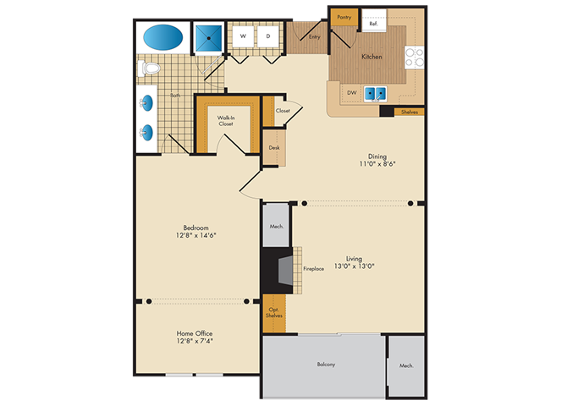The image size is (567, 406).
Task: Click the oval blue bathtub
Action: [162, 37]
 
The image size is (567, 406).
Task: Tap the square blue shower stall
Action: [208, 38]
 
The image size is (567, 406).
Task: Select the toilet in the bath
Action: [149, 68]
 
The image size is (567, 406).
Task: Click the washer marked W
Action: [243, 36]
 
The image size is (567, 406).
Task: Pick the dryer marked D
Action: [268, 36]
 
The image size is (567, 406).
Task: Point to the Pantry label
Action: [344, 17]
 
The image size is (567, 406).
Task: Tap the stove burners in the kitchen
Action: [415, 58]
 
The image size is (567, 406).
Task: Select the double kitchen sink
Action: [375, 94]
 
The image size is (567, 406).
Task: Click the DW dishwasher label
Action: [352, 92]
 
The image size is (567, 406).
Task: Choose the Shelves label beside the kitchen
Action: [410, 112]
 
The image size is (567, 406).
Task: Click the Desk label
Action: [274, 147]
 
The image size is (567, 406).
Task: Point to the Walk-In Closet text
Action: [226, 121]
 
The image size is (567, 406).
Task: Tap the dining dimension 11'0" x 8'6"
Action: [377, 164]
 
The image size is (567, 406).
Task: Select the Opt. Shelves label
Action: [273, 313]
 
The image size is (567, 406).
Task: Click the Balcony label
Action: [326, 365]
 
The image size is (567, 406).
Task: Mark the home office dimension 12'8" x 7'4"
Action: [195, 341]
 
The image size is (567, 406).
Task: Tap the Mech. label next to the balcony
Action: [406, 365]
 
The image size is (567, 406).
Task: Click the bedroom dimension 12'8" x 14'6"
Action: [195, 235]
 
